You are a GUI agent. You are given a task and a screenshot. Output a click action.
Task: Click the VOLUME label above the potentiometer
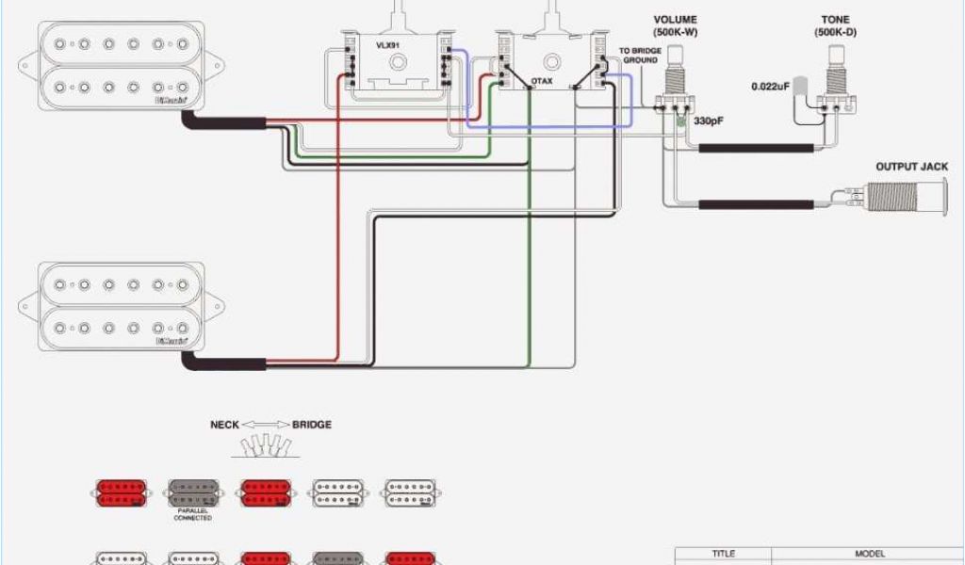[675, 20]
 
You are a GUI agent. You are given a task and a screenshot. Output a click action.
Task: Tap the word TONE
[835, 20]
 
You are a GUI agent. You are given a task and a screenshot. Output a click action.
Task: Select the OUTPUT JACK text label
[911, 167]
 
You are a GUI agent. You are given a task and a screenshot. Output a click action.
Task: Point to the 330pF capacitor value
[708, 121]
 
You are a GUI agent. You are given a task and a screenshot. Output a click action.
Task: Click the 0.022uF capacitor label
[770, 87]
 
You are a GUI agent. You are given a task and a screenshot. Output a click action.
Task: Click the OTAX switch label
[542, 82]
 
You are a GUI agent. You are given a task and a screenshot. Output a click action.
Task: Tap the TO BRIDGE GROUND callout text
[639, 55]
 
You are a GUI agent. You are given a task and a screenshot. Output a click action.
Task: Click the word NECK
[225, 425]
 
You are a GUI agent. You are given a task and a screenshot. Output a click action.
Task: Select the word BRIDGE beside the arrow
[311, 425]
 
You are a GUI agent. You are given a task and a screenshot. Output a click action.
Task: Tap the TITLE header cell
[723, 554]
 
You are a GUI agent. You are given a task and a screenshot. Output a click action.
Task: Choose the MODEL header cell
[868, 554]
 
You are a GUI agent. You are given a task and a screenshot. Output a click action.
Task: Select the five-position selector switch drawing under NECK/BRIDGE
[263, 444]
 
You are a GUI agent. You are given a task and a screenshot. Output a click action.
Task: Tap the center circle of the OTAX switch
[550, 62]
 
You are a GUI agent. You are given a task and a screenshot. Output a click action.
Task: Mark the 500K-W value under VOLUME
[675, 33]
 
